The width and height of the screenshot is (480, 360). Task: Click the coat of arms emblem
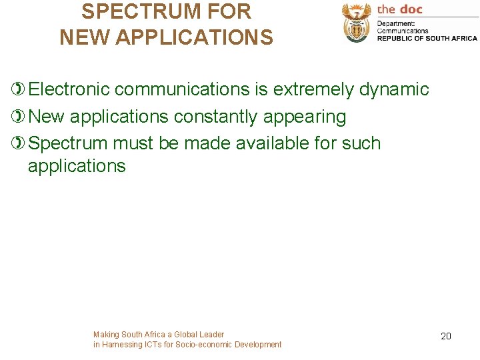[357, 23]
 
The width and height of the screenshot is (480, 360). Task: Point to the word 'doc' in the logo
[411, 9]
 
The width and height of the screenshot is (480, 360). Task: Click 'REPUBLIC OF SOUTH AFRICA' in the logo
[427, 38]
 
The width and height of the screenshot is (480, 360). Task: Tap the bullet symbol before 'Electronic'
[19, 89]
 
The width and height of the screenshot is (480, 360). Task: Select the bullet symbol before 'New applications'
[19, 117]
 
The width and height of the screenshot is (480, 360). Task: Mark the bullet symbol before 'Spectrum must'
[19, 143]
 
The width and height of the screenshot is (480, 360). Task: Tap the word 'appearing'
[305, 117]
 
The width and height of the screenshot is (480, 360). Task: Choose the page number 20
[446, 336]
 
